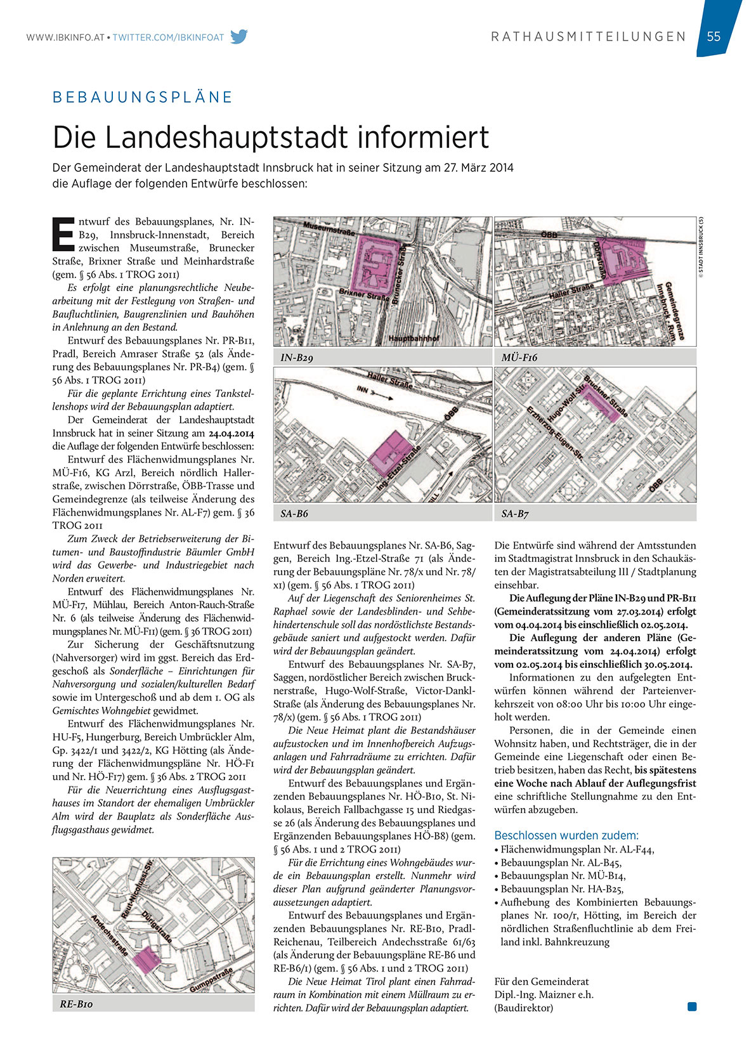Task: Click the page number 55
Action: point(713,36)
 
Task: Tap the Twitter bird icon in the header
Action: point(239,37)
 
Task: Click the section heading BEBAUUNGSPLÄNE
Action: point(143,97)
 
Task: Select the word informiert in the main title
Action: point(423,137)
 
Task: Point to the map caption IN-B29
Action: point(297,358)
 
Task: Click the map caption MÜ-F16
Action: point(519,358)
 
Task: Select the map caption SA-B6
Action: point(294,513)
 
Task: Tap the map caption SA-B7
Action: point(515,513)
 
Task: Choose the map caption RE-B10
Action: point(76,1004)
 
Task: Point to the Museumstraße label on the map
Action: point(329,228)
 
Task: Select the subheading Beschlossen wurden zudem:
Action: point(566,835)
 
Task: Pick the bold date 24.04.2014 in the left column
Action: point(231,433)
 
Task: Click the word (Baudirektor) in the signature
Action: point(523,1008)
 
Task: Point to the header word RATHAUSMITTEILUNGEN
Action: point(589,37)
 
